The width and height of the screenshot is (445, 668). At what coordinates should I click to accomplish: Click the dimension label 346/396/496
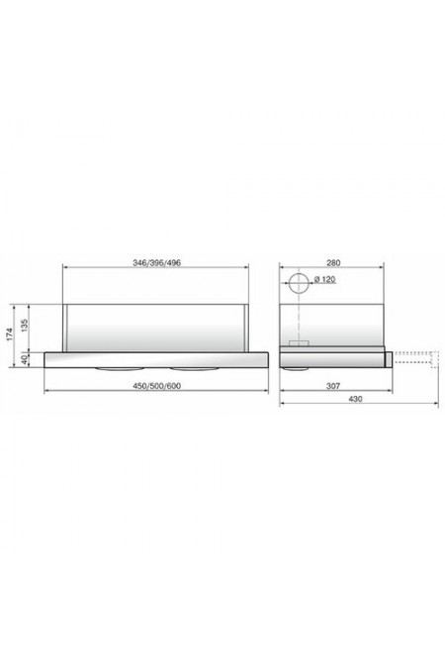(x=156, y=263)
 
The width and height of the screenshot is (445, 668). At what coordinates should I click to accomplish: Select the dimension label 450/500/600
(x=156, y=386)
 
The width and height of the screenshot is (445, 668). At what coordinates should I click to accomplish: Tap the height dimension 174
(x=10, y=334)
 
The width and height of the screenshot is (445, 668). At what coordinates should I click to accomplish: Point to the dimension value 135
(x=25, y=327)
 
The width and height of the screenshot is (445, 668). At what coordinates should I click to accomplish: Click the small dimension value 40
(x=25, y=360)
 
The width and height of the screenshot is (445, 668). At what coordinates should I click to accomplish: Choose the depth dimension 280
(x=333, y=263)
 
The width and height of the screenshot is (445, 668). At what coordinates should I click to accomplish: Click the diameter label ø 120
(x=324, y=279)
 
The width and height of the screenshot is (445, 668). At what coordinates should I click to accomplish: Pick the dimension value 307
(x=333, y=386)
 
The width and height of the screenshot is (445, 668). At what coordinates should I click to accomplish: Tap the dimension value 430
(x=356, y=399)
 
